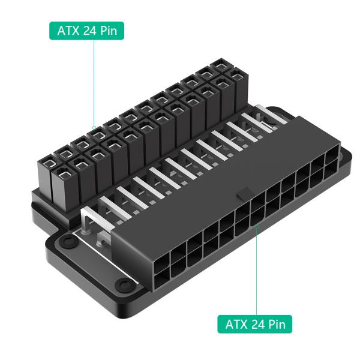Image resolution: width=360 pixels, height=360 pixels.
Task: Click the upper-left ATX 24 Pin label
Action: click(x=86, y=31)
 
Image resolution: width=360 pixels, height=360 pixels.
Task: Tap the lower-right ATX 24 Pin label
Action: click(x=255, y=324)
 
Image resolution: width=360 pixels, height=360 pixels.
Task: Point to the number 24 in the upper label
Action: click(x=90, y=31)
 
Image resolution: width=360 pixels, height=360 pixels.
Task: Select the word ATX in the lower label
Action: click(x=236, y=324)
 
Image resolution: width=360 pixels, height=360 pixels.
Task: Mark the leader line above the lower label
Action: click(x=257, y=270)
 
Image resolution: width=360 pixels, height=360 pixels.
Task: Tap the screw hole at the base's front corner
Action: click(x=123, y=283)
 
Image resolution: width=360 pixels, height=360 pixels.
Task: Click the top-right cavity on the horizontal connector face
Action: click(x=331, y=159)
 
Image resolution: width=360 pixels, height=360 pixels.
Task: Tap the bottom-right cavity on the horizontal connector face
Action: click(x=331, y=176)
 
